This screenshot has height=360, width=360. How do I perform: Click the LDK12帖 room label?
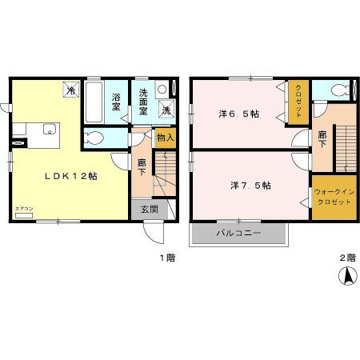(70, 176)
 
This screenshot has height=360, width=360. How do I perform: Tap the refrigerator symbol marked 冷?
(71, 91)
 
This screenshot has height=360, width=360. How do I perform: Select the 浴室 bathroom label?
(116, 102)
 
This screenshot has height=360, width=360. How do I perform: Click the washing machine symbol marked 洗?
(168, 110)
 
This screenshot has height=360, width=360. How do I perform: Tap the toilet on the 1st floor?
(94, 138)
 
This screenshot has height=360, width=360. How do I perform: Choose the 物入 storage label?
(165, 138)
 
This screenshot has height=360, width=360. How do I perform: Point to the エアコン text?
(23, 210)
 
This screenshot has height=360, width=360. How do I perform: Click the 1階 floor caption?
(166, 257)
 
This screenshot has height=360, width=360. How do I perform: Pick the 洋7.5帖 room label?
(250, 185)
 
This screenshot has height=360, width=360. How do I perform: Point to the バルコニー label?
(238, 234)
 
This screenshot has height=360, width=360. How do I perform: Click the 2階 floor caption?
(345, 257)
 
